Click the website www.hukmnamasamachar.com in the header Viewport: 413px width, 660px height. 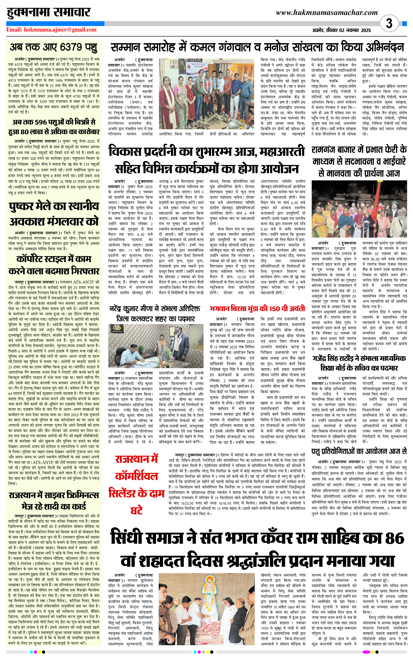tap(327, 13)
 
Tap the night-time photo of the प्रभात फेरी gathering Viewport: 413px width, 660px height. tap(359, 209)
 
